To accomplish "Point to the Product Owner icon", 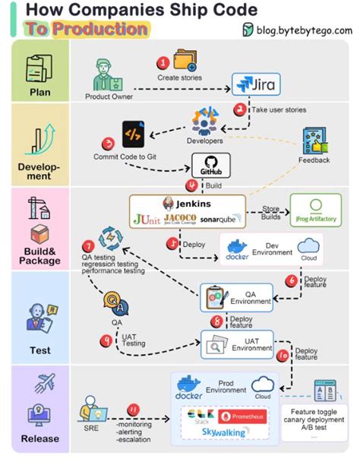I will [x=106, y=74].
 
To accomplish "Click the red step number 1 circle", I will [x=162, y=62].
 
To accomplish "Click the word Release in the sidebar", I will [x=39, y=438].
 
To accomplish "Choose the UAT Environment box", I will [x=237, y=343].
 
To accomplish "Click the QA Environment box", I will [x=237, y=297].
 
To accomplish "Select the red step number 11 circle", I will [x=134, y=410].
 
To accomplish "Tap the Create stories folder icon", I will [x=185, y=60].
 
